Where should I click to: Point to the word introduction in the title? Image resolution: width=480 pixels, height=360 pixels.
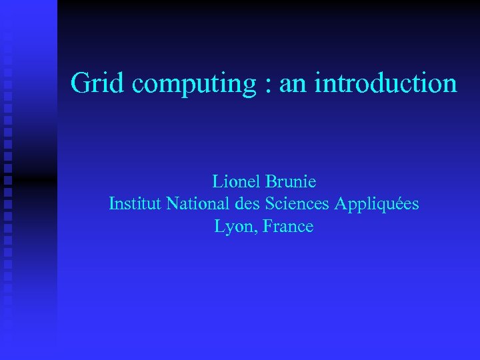click(x=385, y=83)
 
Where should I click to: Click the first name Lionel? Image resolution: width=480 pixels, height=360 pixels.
click(x=236, y=181)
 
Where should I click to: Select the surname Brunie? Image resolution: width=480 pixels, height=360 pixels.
click(x=291, y=181)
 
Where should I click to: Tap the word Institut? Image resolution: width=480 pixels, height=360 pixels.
click(x=135, y=203)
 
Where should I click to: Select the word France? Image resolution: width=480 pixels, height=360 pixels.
click(x=288, y=226)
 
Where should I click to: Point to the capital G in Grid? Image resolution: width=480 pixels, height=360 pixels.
click(x=79, y=83)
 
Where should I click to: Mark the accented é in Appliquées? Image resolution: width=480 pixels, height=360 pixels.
click(x=401, y=203)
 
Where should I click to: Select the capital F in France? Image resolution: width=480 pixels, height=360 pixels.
click(x=267, y=226)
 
